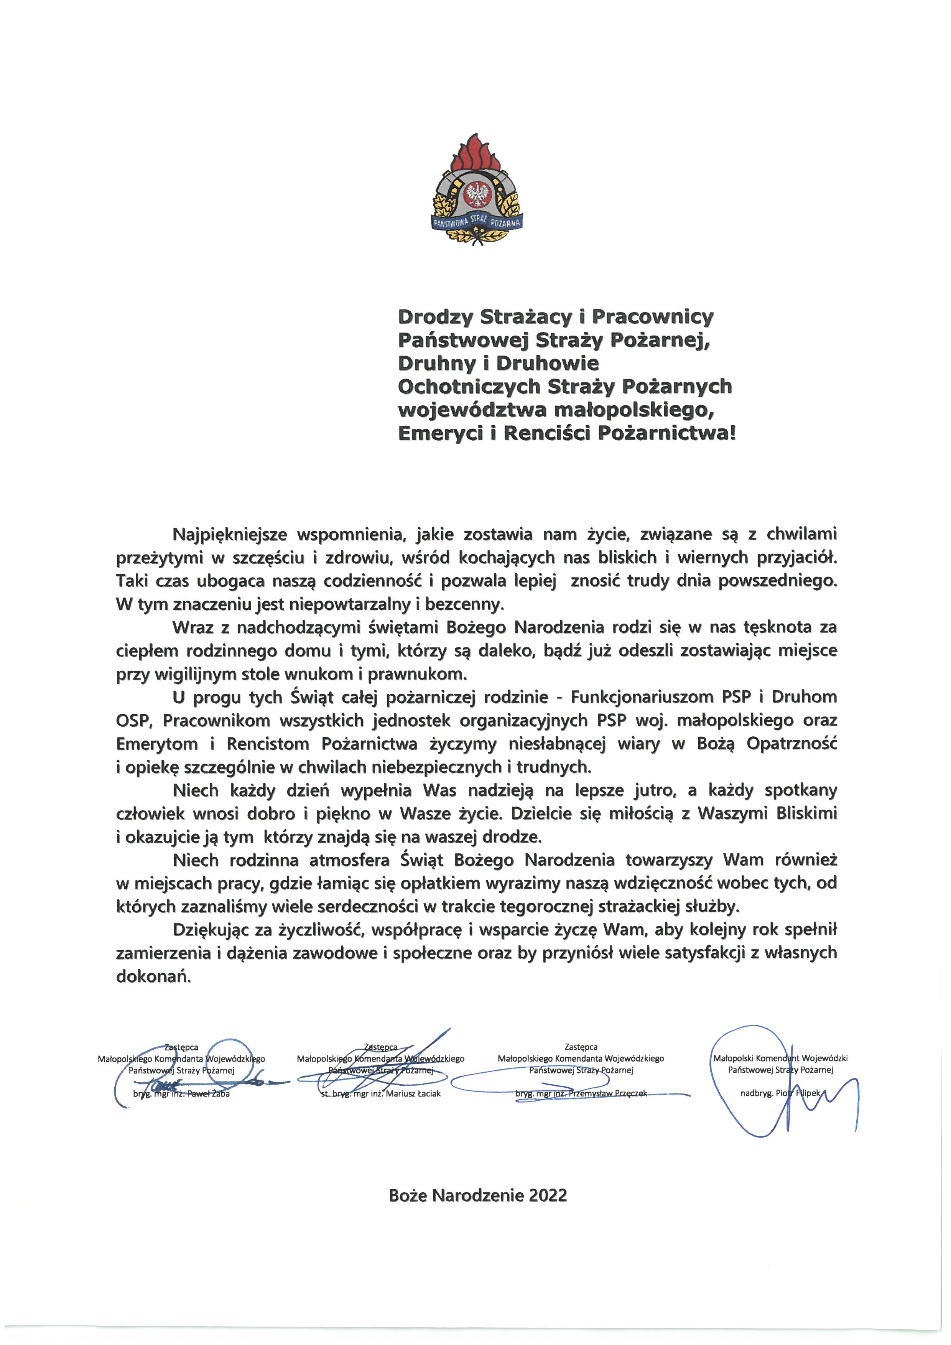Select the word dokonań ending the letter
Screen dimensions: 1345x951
pos(153,976)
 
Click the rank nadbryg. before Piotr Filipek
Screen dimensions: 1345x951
pos(757,1093)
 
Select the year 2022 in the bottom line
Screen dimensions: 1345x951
pos(548,1196)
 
